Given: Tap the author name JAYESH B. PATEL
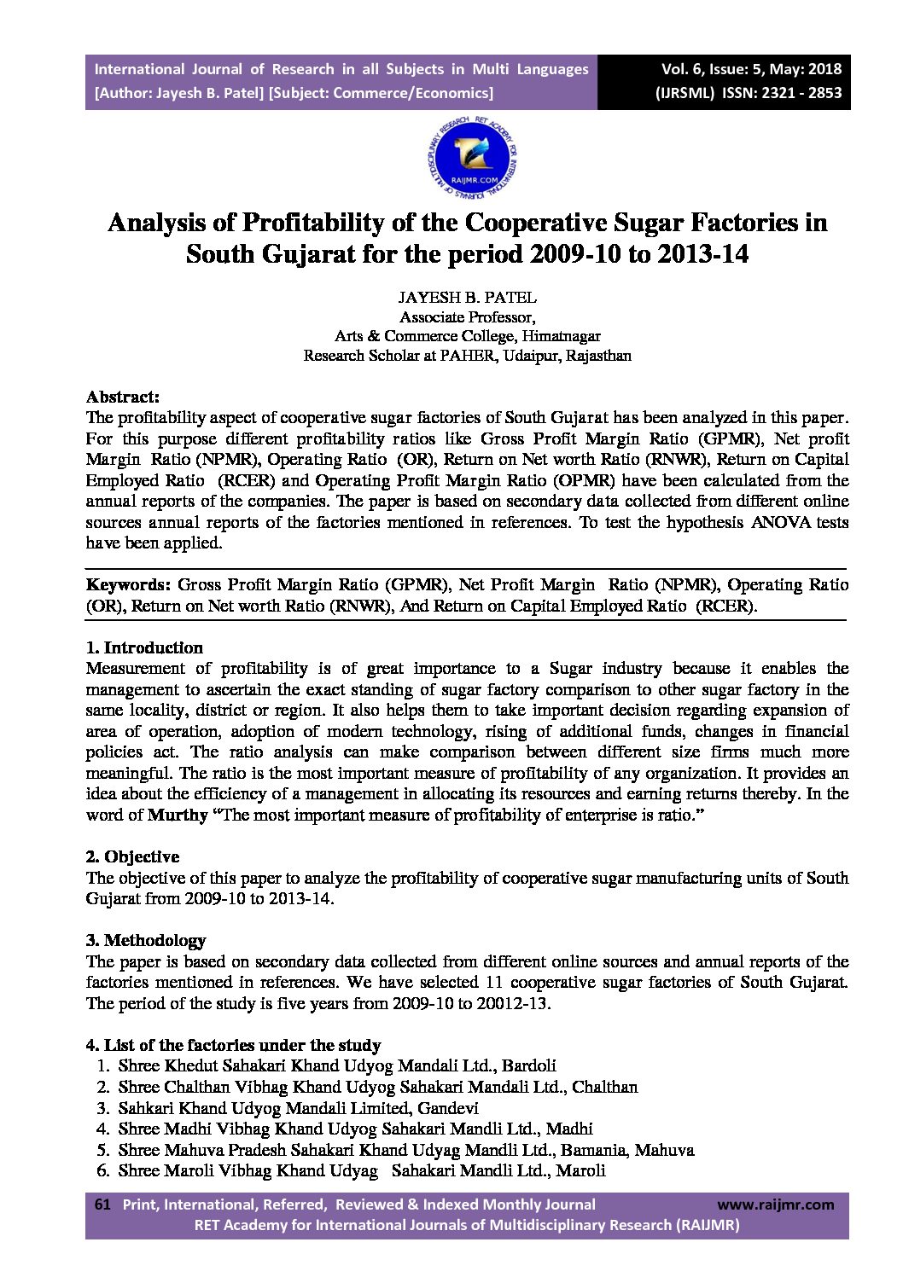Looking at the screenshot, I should coord(467,298).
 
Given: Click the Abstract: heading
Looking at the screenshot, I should coord(123,397).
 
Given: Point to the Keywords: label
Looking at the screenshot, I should coord(129,585).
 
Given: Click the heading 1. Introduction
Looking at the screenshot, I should coord(144,647).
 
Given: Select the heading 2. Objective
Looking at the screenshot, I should coord(132,856).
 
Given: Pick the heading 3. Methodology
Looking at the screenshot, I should coord(146,940).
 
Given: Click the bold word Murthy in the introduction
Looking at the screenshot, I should coord(178,815).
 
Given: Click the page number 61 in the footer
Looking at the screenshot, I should coord(102,1204).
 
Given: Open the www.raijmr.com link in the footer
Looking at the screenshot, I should coord(775,1204).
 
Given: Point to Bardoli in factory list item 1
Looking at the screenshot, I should coord(529,1065).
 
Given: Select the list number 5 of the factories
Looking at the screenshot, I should coord(102,1150).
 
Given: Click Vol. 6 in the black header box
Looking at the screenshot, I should coord(679,69).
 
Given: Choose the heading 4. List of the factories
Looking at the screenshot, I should coord(233,1045).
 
